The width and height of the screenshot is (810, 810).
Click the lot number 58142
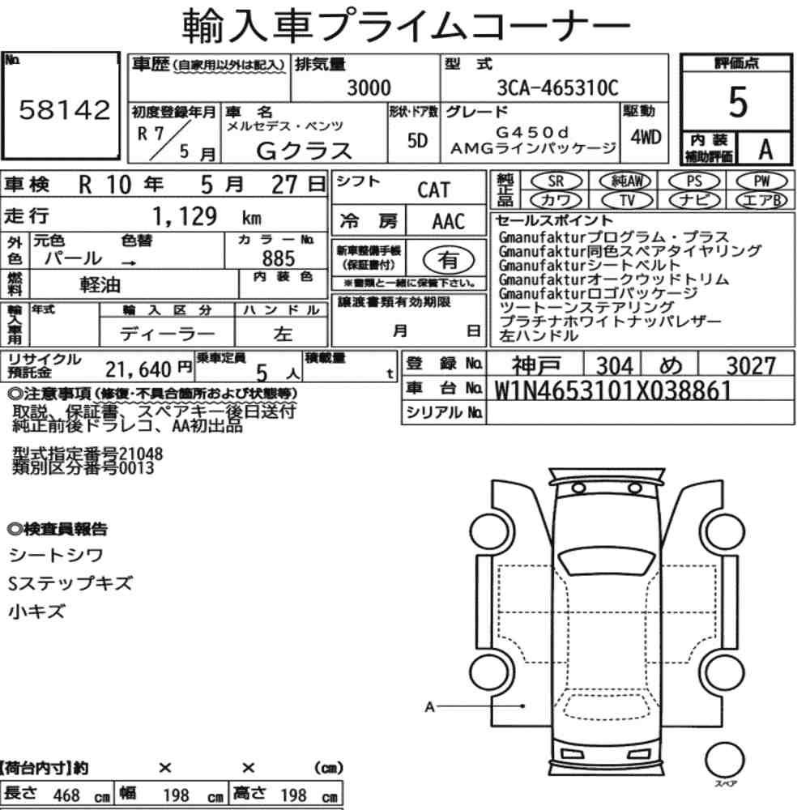[x=65, y=110]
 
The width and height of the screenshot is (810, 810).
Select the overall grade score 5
[x=738, y=102]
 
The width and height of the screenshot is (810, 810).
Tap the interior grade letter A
[x=765, y=150]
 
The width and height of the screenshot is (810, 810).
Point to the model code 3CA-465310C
[x=557, y=87]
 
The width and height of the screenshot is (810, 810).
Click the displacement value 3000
[x=369, y=87]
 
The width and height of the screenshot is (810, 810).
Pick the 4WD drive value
[x=646, y=137]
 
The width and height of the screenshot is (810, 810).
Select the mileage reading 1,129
[x=185, y=216]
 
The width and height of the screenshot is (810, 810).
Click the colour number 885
[x=279, y=258]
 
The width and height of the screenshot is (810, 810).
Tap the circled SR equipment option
[x=556, y=181]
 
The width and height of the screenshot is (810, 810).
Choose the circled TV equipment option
[x=628, y=200]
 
